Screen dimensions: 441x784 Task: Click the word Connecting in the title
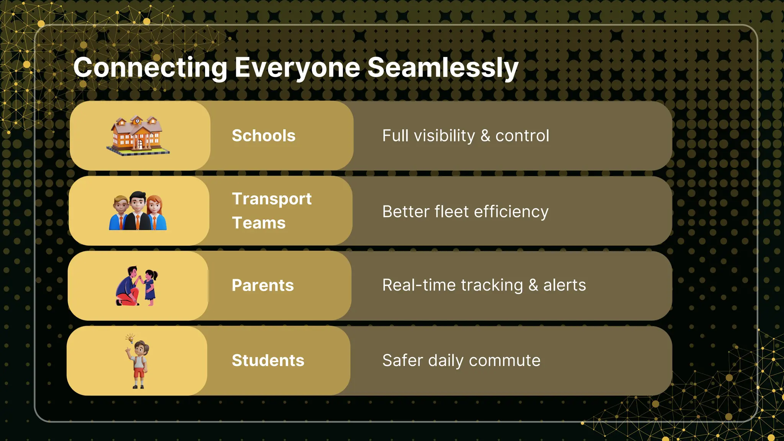pyautogui.click(x=150, y=68)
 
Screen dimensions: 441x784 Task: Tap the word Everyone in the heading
pyautogui.click(x=297, y=68)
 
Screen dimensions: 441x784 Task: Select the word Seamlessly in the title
pyautogui.click(x=443, y=68)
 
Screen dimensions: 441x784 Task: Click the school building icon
pyautogui.click(x=138, y=136)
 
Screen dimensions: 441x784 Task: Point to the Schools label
pyautogui.click(x=263, y=136)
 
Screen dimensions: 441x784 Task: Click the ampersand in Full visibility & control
pyautogui.click(x=485, y=136)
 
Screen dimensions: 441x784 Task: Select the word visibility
pyautogui.click(x=444, y=136)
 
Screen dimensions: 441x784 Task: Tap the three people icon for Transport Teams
pyautogui.click(x=138, y=211)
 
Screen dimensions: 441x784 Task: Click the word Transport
pyautogui.click(x=272, y=199)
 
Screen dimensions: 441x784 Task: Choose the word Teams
pyautogui.click(x=259, y=223)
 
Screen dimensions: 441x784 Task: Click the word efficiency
pyautogui.click(x=511, y=212)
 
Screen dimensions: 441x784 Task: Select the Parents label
pyautogui.click(x=263, y=286)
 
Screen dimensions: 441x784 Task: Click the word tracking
pyautogui.click(x=492, y=286)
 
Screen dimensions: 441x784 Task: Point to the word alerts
pyautogui.click(x=565, y=286)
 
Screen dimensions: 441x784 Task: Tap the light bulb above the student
pyautogui.click(x=131, y=338)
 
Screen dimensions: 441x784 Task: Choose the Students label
pyautogui.click(x=268, y=361)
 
